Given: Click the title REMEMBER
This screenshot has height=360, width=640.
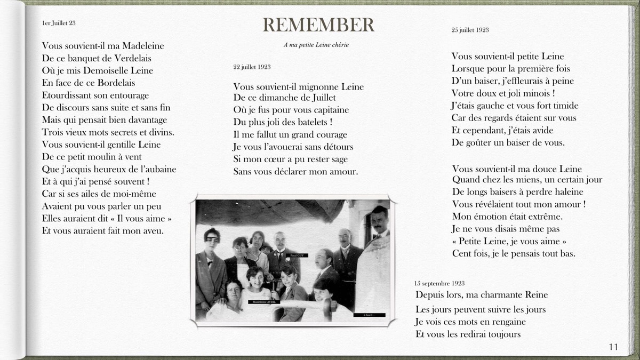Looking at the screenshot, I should pyautogui.click(x=318, y=25).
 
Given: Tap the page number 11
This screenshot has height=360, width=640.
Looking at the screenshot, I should pyautogui.click(x=613, y=347).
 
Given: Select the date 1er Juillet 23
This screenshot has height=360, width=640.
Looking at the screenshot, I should pyautogui.click(x=59, y=23).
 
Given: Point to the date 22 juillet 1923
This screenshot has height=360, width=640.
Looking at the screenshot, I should pyautogui.click(x=252, y=67).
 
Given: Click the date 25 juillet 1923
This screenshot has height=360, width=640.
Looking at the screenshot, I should pyautogui.click(x=470, y=30).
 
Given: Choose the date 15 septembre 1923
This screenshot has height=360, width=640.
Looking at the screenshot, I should pyautogui.click(x=439, y=283).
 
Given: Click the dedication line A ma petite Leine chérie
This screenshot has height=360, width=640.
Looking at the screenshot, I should pyautogui.click(x=316, y=45).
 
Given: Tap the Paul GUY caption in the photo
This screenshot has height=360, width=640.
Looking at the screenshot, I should pyautogui.click(x=297, y=256).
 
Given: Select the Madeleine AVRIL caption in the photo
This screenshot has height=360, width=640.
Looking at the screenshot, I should pyautogui.click(x=263, y=302).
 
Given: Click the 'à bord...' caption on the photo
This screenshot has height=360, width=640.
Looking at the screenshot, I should pyautogui.click(x=369, y=315).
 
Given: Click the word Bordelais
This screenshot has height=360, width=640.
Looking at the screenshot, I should pyautogui.click(x=116, y=83).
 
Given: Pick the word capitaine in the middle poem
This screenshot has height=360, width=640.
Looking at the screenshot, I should pyautogui.click(x=330, y=110).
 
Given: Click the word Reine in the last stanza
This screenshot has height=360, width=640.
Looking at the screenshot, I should pyautogui.click(x=535, y=295).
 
